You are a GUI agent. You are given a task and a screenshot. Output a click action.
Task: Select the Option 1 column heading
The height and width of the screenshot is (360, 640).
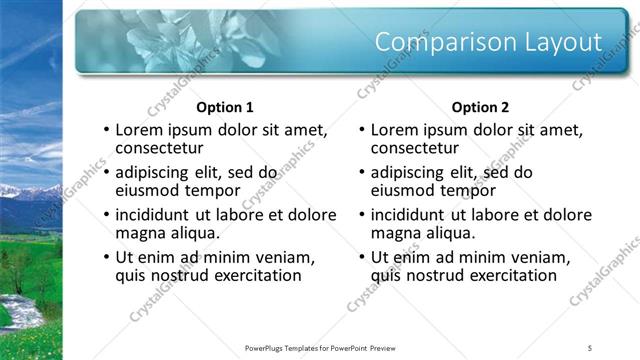pos(225,107)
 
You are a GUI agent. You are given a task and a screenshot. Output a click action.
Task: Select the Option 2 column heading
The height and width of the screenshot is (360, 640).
pos(480,107)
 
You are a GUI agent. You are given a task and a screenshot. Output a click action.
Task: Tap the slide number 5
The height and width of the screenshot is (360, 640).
pos(590,347)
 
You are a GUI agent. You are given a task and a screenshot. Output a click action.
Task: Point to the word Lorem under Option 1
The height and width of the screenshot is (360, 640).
pos(141,130)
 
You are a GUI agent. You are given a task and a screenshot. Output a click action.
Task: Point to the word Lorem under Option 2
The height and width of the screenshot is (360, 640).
pos(397,130)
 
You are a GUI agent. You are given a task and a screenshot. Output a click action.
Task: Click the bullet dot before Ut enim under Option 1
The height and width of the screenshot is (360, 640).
pos(106,258)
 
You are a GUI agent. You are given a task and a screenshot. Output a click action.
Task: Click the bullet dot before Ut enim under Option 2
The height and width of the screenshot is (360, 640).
pos(362,258)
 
